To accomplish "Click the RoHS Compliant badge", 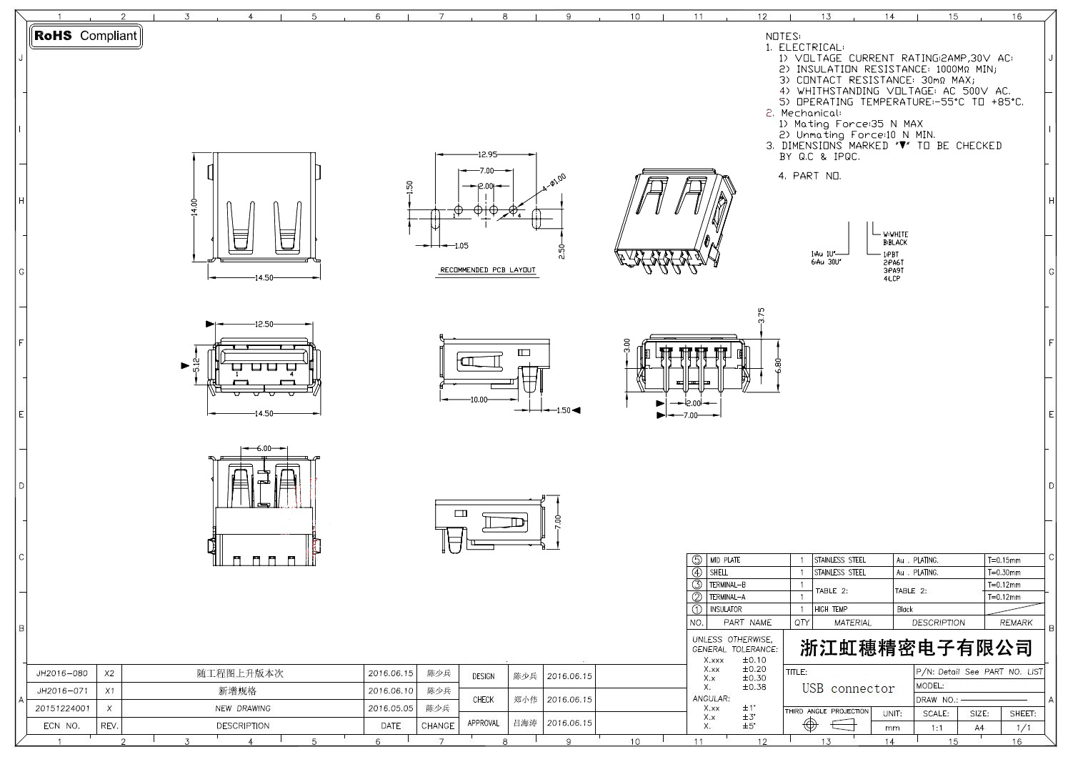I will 86,36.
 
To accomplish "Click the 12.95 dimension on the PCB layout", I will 486,154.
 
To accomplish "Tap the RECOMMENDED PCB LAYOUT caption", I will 487,270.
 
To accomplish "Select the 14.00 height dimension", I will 194,207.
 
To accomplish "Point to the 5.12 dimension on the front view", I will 196,366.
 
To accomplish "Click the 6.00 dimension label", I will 264,448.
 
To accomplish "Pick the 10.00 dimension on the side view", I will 478,400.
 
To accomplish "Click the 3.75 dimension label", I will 761,315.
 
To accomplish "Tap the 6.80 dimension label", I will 779,365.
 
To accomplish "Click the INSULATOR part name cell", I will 725,610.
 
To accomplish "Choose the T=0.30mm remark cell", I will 1006,573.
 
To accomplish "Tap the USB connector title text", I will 848,689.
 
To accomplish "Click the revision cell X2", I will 109,673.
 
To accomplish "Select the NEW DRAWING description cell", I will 243,708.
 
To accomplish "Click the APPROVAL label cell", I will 483,723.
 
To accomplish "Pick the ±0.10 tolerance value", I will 754,660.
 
